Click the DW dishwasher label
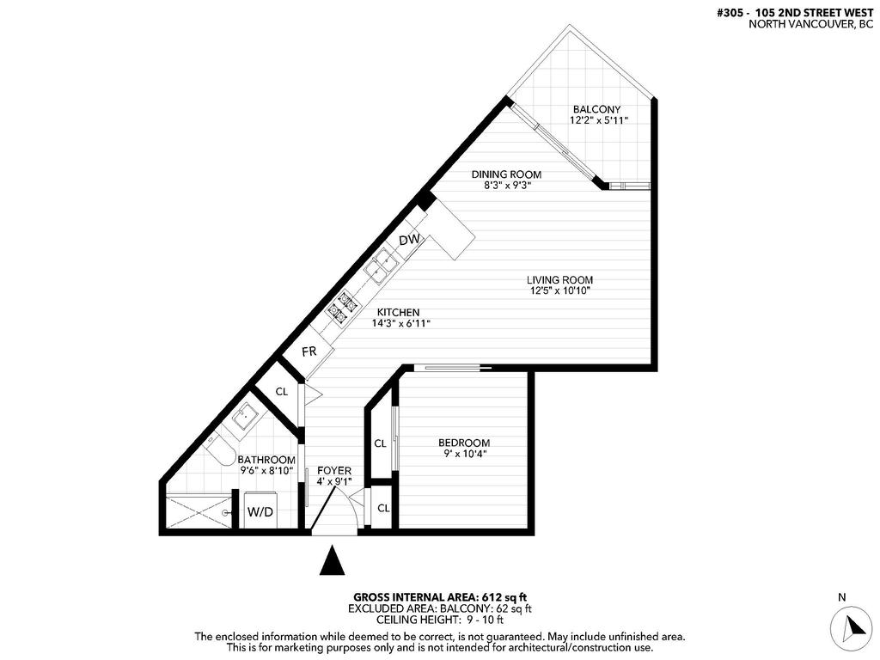[x=410, y=240]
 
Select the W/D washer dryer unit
[x=260, y=513]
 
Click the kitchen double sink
[x=380, y=266]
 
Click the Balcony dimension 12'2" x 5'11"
[x=598, y=121]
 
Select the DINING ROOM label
[x=506, y=174]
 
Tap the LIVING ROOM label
[x=560, y=280]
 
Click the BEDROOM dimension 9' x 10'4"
[x=464, y=454]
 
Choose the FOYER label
[x=334, y=470]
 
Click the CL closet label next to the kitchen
[x=281, y=391]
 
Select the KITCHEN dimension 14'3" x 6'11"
[x=400, y=324]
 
